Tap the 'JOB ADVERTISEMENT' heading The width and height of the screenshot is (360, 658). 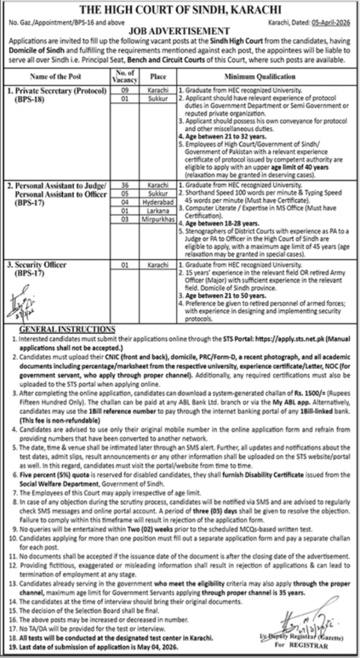click(180, 30)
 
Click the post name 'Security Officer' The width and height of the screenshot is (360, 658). click(40, 264)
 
